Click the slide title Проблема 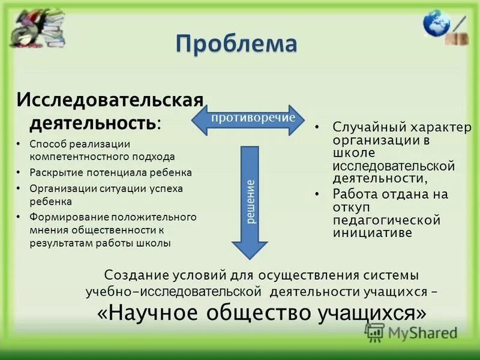point(236,44)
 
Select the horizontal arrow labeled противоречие point(248,118)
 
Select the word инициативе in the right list point(373,233)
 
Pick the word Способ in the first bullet point(47,144)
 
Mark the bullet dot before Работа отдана point(317,194)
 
